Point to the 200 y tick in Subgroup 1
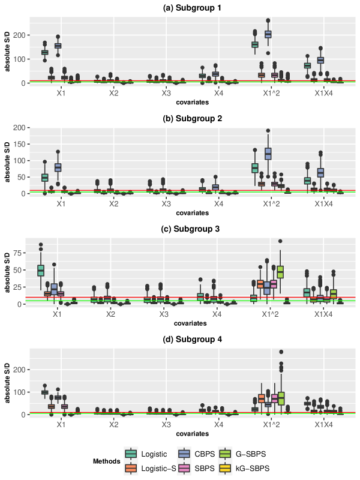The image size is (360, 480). (19, 35)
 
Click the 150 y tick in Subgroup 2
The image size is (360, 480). (19, 145)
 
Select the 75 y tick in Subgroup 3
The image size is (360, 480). (21, 253)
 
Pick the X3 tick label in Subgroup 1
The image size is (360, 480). (166, 94)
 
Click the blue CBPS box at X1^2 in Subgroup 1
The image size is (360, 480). (268, 34)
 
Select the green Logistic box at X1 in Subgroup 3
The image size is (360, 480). (41, 271)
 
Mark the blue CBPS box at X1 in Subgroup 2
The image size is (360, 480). (58, 167)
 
